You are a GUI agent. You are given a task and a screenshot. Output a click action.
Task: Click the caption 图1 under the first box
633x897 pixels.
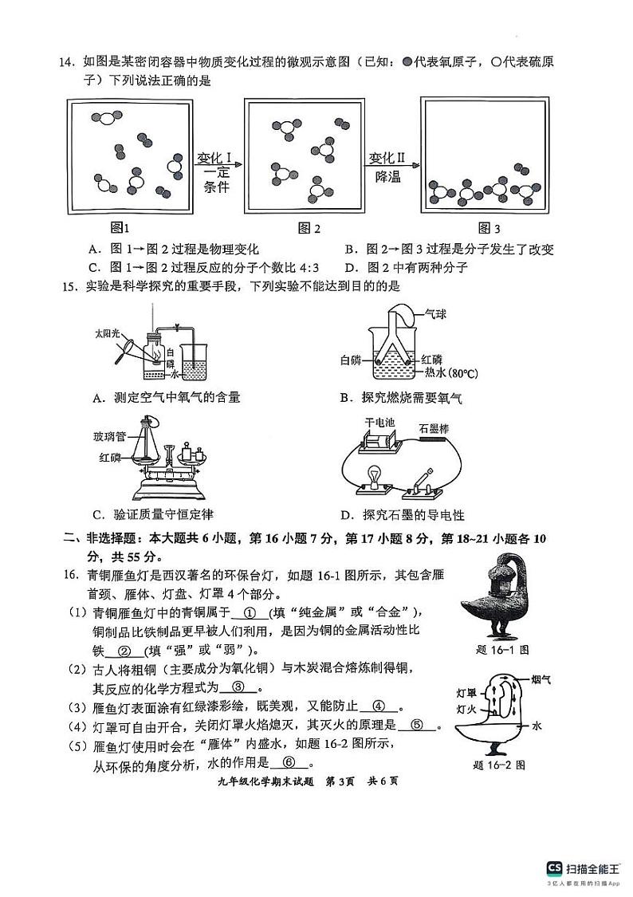(120, 227)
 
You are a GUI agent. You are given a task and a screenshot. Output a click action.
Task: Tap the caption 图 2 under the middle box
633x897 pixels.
(309, 228)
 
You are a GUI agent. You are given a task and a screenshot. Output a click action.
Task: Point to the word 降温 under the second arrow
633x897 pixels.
(387, 177)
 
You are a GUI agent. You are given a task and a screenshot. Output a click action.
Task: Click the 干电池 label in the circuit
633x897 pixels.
(377, 421)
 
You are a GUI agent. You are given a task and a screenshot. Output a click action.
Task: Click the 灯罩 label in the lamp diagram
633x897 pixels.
(467, 692)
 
